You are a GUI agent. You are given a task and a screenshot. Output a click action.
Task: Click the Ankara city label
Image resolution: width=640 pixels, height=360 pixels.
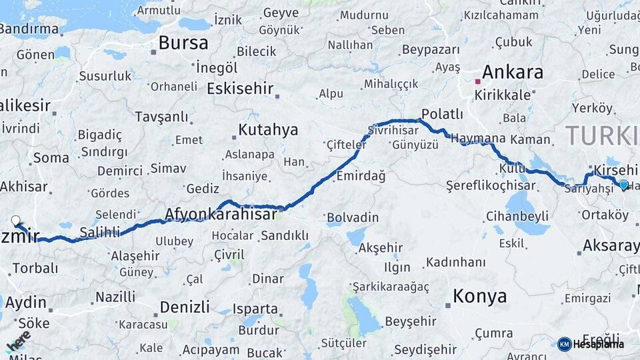[512, 72]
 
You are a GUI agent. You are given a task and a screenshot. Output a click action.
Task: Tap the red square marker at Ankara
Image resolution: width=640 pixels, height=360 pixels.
[477, 81]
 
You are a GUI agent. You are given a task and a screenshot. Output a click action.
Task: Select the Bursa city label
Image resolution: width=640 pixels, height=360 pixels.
[183, 43]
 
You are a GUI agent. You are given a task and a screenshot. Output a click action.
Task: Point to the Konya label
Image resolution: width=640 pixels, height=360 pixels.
[479, 296]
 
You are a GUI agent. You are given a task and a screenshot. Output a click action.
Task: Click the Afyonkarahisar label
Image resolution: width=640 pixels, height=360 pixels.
[221, 215]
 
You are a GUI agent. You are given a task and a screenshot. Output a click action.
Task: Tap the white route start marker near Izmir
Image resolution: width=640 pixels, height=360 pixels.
[16, 220]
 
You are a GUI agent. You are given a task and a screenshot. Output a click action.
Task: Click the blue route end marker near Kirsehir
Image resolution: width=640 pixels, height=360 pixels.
[623, 185]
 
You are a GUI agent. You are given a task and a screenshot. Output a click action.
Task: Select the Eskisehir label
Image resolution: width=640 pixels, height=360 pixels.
[241, 89]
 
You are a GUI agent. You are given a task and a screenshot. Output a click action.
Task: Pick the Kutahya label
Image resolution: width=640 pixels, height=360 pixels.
[268, 129]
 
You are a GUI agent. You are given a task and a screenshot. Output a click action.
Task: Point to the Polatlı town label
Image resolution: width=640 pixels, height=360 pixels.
[443, 114]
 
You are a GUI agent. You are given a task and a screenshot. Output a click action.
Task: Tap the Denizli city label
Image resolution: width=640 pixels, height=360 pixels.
[185, 307]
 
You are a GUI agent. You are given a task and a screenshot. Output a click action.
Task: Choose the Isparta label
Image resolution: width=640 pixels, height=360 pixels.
[255, 309]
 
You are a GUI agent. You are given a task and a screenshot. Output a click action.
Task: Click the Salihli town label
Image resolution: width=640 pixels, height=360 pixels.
[100, 232]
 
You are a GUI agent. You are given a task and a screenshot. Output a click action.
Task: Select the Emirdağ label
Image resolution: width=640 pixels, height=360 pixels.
[361, 176]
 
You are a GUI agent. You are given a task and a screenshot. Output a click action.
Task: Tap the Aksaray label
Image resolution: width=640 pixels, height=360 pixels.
[611, 246]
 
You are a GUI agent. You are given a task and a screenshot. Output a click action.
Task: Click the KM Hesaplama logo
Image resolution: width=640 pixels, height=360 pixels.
[591, 344]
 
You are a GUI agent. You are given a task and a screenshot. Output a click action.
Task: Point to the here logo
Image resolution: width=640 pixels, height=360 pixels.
[18, 341]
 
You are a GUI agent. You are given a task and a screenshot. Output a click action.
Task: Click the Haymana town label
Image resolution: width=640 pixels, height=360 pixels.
[478, 139]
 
